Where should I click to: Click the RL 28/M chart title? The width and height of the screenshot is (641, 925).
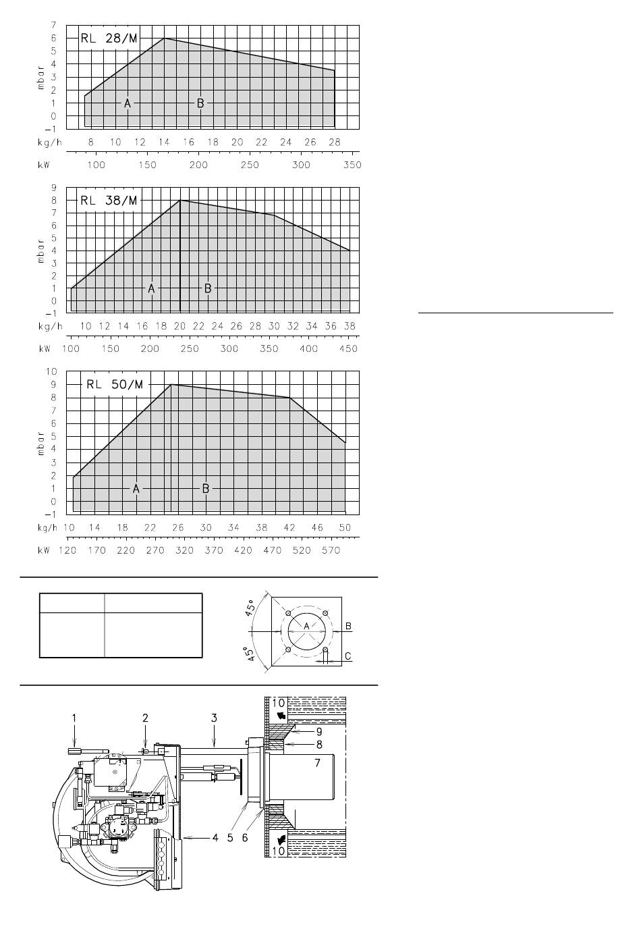109,38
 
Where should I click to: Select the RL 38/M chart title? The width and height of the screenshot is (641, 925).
109,201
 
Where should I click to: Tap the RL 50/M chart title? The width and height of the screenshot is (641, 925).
115,385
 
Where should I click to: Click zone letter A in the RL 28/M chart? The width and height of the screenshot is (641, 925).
128,103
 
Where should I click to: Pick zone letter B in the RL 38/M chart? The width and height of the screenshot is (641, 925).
208,288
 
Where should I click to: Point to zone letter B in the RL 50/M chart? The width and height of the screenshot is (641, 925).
206,489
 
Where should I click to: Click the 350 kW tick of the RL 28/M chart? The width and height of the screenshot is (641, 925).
352,165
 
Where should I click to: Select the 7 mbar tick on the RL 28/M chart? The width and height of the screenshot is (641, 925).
54,25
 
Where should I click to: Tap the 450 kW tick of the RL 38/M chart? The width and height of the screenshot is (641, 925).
349,349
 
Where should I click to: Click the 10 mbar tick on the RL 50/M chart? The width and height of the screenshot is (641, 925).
51,371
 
